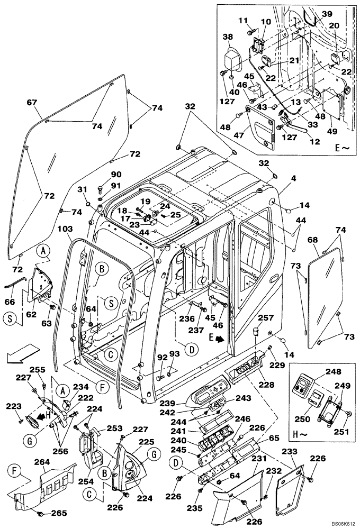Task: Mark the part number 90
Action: tap(116, 175)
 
